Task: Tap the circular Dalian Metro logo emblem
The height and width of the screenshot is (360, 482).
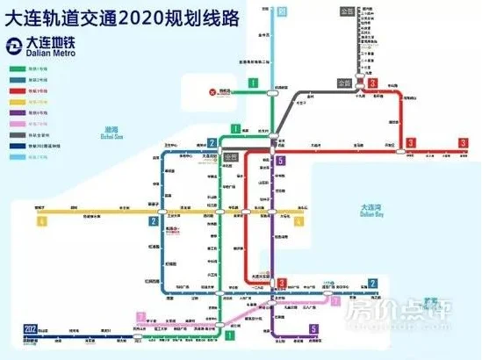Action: coord(14,47)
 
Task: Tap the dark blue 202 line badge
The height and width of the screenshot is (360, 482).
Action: coord(29,328)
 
